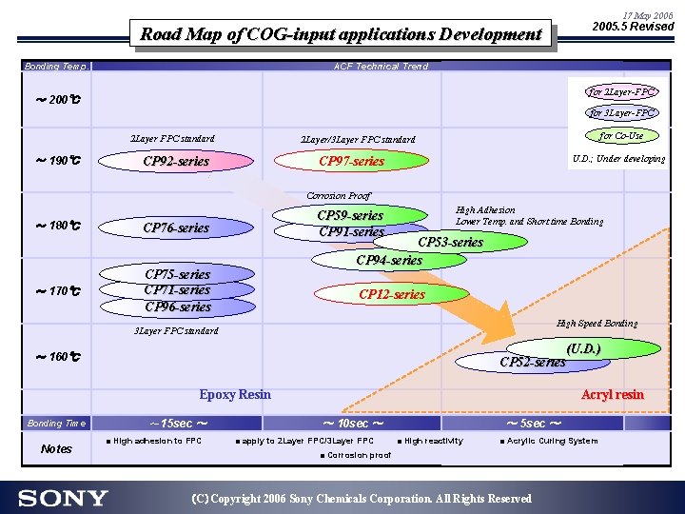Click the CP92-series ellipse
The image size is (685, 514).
(x=176, y=161)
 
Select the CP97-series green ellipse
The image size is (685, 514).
(x=351, y=161)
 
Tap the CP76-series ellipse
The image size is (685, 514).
(x=176, y=227)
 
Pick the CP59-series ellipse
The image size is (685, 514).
(x=351, y=216)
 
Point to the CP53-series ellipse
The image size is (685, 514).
(x=451, y=242)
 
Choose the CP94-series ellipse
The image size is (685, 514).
(x=389, y=260)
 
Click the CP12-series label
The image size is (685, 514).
(x=392, y=294)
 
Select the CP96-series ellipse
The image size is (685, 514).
(x=178, y=306)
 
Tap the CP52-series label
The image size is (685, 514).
(x=533, y=361)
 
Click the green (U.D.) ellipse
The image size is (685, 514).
(x=582, y=349)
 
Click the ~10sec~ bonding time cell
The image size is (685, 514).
(x=352, y=423)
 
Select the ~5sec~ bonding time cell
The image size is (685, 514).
(x=533, y=423)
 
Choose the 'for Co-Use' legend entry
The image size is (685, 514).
(x=622, y=136)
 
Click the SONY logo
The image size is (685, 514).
(x=63, y=498)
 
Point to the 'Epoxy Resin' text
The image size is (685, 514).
(x=235, y=394)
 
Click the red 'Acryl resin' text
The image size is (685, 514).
(x=612, y=394)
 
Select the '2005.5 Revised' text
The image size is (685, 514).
(x=633, y=27)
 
